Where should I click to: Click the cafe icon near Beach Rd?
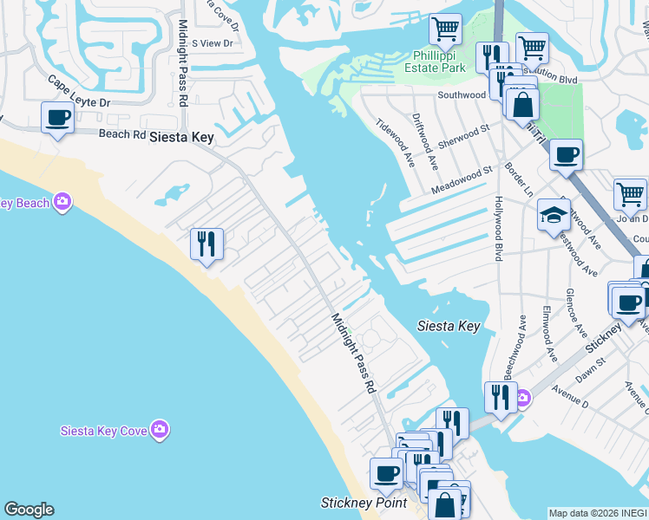point(58,118)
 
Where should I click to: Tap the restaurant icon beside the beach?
point(206,244)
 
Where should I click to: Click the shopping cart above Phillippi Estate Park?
point(445,29)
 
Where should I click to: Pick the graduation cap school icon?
point(553,216)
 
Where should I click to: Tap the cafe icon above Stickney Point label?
point(386,474)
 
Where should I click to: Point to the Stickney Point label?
point(351,503)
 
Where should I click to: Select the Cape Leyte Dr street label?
point(79,93)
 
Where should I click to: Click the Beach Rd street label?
point(121,134)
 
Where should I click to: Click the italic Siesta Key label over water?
point(449,326)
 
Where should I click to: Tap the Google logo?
point(29,510)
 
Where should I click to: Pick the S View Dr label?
point(213,42)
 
